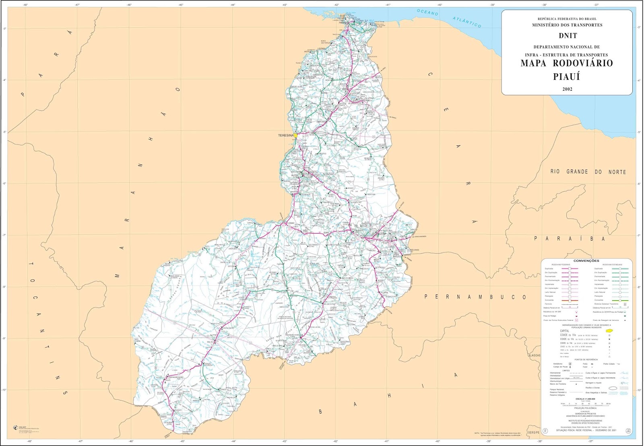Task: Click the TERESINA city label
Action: tap(286, 136)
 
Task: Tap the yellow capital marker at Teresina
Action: tap(295, 136)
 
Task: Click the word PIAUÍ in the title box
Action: tap(566, 76)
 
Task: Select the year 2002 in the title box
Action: tap(567, 89)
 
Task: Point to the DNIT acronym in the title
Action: tap(567, 36)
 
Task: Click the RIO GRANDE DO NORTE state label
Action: tap(588, 172)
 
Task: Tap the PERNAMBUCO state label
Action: tap(475, 297)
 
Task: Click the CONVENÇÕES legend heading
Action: tap(586, 261)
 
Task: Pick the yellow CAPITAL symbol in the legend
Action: tap(609, 330)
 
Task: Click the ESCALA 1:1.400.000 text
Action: tap(585, 399)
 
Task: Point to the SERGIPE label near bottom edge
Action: tap(534, 432)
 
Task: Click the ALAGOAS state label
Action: tap(535, 355)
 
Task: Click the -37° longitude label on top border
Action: tap(596, 5)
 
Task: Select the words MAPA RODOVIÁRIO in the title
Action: tap(566, 63)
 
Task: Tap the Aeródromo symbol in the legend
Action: tap(570, 364)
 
